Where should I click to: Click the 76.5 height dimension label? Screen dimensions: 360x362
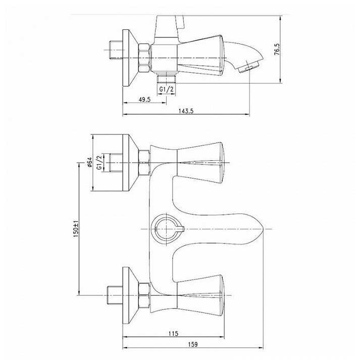point(277,50)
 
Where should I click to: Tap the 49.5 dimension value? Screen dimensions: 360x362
point(144,100)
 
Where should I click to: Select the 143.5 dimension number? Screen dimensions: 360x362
point(186,111)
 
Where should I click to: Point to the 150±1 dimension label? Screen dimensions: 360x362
point(76,229)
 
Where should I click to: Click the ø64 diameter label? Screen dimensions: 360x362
point(89,162)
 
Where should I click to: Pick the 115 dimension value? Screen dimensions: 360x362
point(173,334)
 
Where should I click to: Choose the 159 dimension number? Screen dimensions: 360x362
point(193,344)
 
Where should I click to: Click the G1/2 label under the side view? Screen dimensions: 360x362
point(167,89)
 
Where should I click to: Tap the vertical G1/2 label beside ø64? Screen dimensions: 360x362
point(99,162)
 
